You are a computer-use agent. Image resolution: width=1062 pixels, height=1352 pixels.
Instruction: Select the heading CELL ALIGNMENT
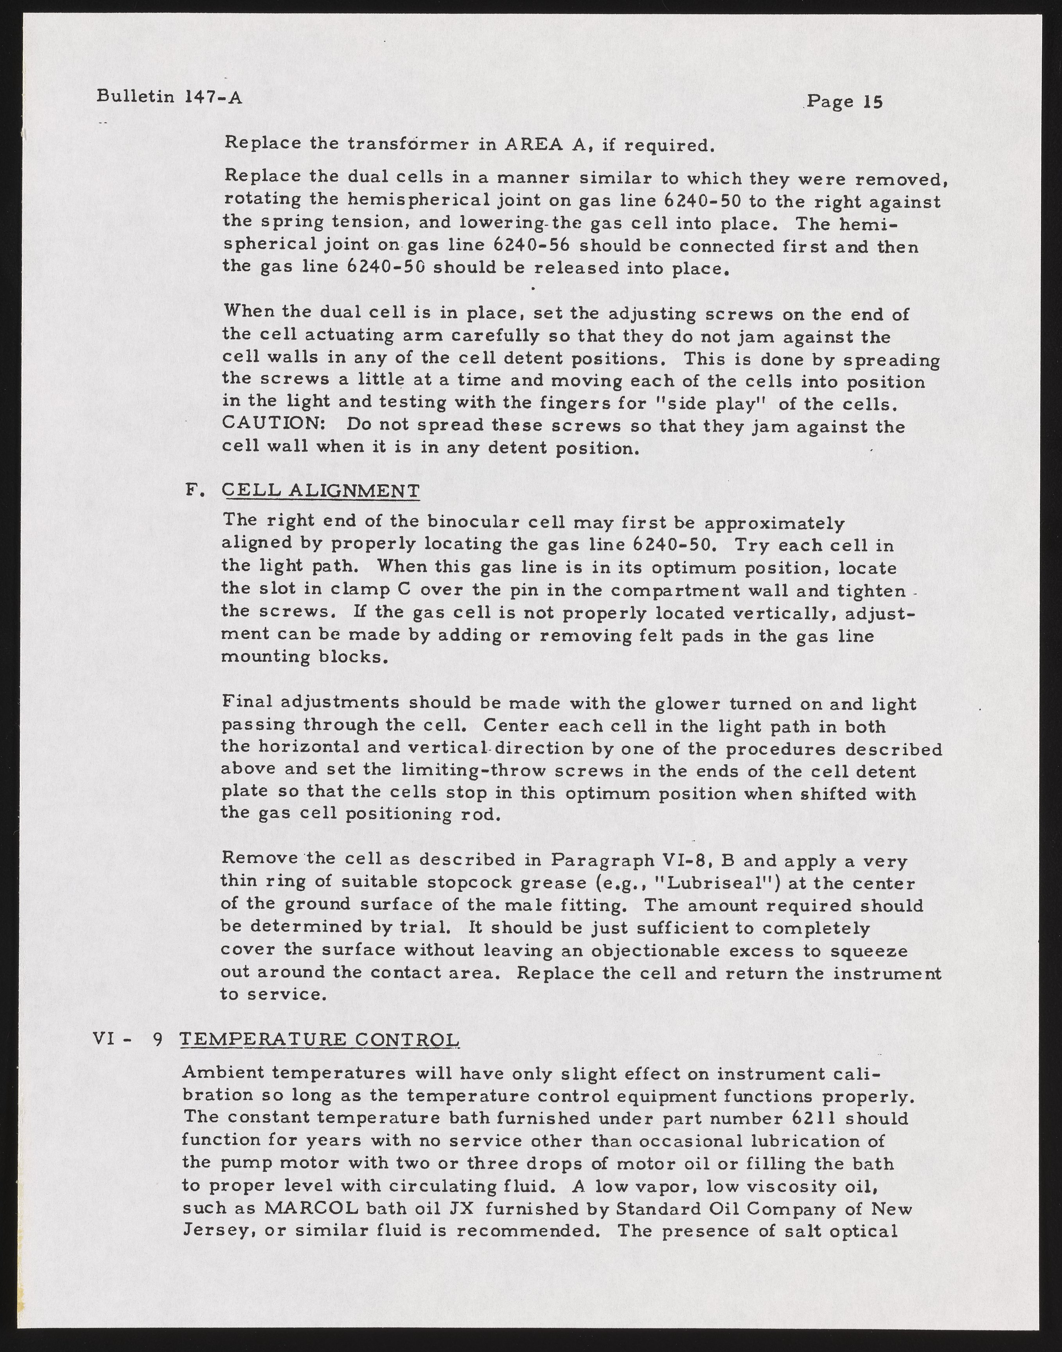(321, 491)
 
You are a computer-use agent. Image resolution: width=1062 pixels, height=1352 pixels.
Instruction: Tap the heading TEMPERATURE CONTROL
(320, 1039)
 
